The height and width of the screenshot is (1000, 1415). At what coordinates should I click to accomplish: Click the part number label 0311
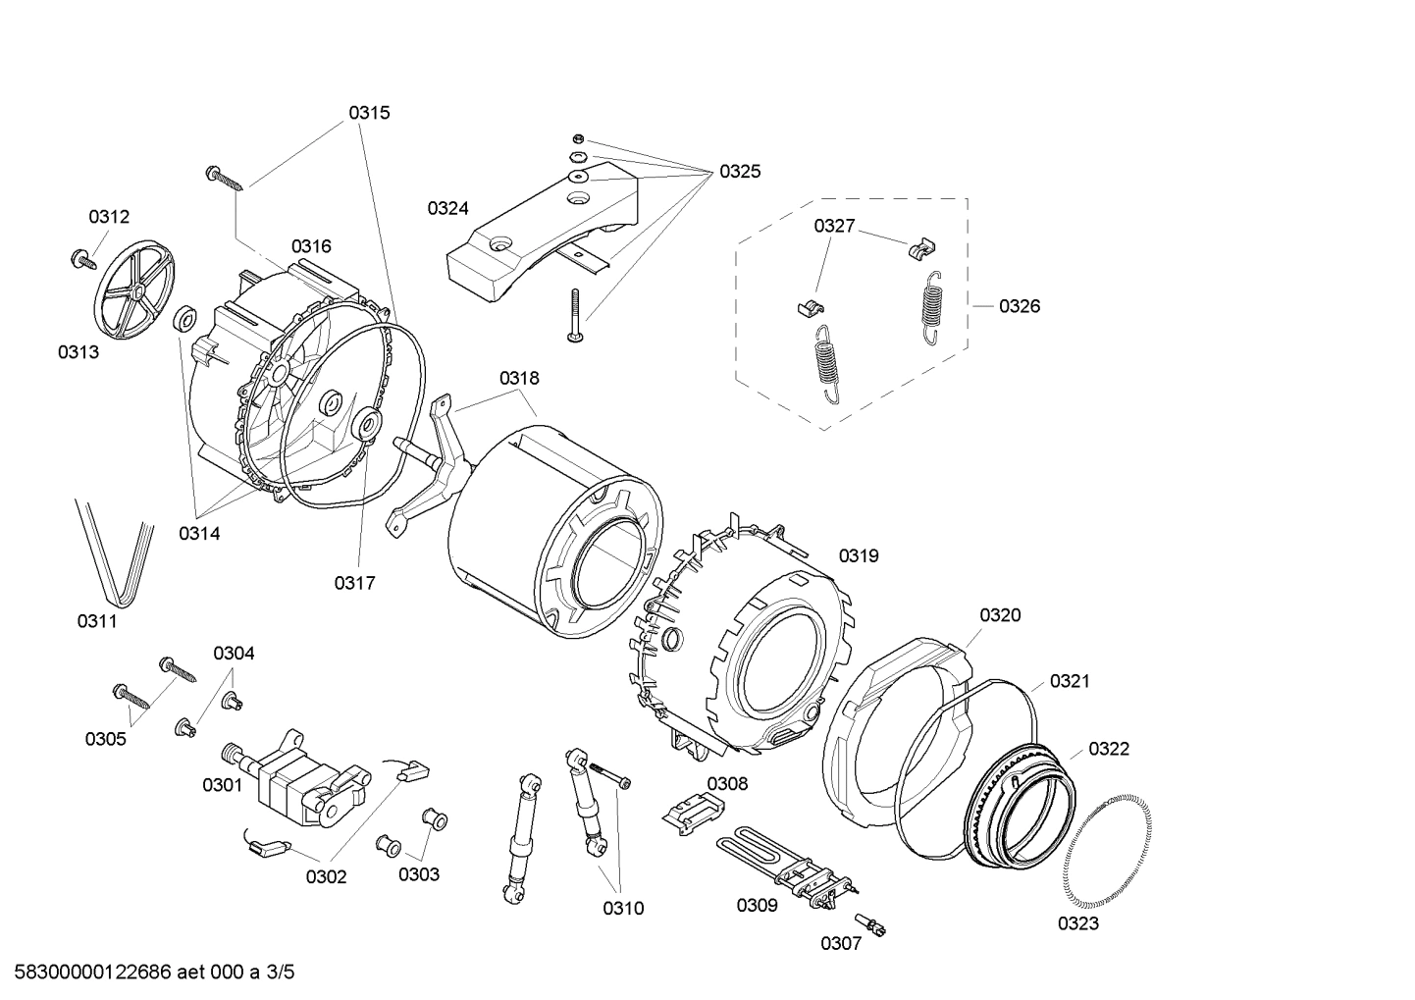pos(97,620)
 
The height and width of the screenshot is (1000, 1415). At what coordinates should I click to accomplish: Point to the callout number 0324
pos(447,208)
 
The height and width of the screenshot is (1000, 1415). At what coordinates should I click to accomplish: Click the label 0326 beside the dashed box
pos(1020,306)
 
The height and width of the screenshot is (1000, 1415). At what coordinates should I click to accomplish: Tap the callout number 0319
pos(859,555)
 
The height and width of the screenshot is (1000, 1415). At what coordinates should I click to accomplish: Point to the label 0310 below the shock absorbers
pos(623,909)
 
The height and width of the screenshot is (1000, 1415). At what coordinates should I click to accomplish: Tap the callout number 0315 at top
pos(369,113)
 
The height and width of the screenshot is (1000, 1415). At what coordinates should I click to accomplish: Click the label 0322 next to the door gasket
pos(1109,749)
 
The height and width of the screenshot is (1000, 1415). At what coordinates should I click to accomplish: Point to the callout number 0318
pos(519,378)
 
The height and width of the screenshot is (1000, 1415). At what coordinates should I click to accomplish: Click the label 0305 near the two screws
pos(105,739)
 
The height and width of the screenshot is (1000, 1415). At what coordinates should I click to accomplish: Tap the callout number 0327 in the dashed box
pos(834,227)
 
